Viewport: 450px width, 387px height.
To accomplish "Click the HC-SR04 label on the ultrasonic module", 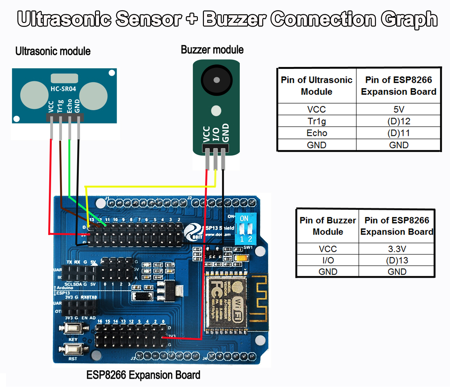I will [x=64, y=89].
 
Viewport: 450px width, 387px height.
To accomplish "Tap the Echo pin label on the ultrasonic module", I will [x=70, y=106].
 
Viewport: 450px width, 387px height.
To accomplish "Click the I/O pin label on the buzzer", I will [x=216, y=134].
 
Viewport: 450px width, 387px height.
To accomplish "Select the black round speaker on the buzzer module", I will [x=217, y=80].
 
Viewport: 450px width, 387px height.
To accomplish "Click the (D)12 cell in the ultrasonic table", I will [x=399, y=121].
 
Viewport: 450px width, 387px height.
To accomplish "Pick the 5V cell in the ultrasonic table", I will [x=399, y=109].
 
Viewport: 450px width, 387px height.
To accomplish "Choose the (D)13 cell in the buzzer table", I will [x=397, y=260].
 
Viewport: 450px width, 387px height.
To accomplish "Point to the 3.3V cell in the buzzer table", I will [x=397, y=249].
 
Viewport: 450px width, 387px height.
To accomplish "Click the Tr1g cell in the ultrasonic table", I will [x=317, y=121].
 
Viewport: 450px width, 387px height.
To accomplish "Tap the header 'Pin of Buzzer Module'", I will [x=328, y=226].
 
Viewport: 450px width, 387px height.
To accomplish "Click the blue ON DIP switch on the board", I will [x=246, y=228].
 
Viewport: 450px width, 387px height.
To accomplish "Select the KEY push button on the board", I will [x=73, y=328].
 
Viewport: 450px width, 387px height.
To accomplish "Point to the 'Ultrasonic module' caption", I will [x=53, y=51].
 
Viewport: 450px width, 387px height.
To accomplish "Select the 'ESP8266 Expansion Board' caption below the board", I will [x=143, y=375].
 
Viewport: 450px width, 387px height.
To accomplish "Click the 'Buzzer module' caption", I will [x=212, y=50].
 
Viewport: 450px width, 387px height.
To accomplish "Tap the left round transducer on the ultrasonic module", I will [x=34, y=95].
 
